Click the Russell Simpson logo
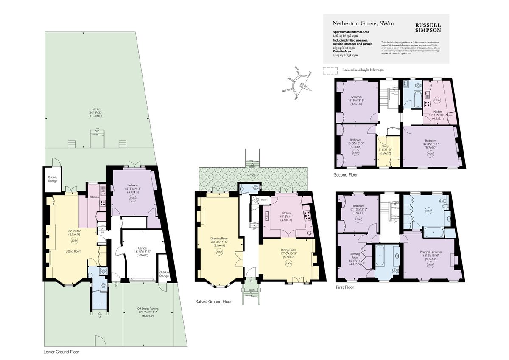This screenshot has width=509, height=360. (428, 28)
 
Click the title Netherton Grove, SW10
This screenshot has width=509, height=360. (357, 24)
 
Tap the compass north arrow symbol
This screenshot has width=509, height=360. (304, 86)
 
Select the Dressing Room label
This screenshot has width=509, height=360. (355, 256)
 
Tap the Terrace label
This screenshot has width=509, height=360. (252, 175)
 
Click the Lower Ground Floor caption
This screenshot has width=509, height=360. (62, 352)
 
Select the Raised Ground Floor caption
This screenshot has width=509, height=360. (213, 301)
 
